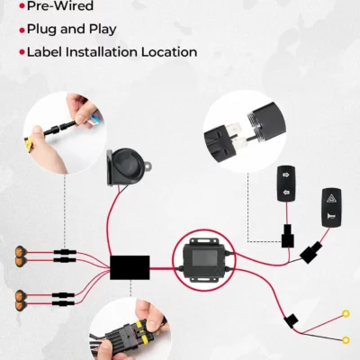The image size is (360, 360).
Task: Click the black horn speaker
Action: (x=126, y=166)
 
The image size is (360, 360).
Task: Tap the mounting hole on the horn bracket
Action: (x=148, y=165)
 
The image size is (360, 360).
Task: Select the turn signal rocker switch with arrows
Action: (x=286, y=183)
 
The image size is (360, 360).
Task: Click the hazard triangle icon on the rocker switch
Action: (x=331, y=198)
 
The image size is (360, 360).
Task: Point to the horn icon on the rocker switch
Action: (x=331, y=215)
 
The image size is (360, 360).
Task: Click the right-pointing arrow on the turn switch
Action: (x=286, y=175)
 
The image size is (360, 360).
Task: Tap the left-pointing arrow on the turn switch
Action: (x=286, y=192)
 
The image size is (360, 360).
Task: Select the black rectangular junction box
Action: (x=130, y=267)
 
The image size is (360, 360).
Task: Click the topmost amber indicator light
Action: (x=21, y=250)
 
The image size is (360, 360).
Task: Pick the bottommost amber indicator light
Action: (x=21, y=306)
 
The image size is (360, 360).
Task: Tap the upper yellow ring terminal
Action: (x=346, y=314)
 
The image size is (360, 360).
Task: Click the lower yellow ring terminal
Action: (x=346, y=340)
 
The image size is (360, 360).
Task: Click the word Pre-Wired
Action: (x=60, y=5)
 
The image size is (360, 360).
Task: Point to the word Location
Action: (x=169, y=52)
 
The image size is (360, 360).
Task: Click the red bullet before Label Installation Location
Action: (x=22, y=52)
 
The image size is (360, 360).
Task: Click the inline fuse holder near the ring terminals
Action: (x=291, y=321)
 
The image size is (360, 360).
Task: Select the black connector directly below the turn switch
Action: (x=287, y=238)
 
